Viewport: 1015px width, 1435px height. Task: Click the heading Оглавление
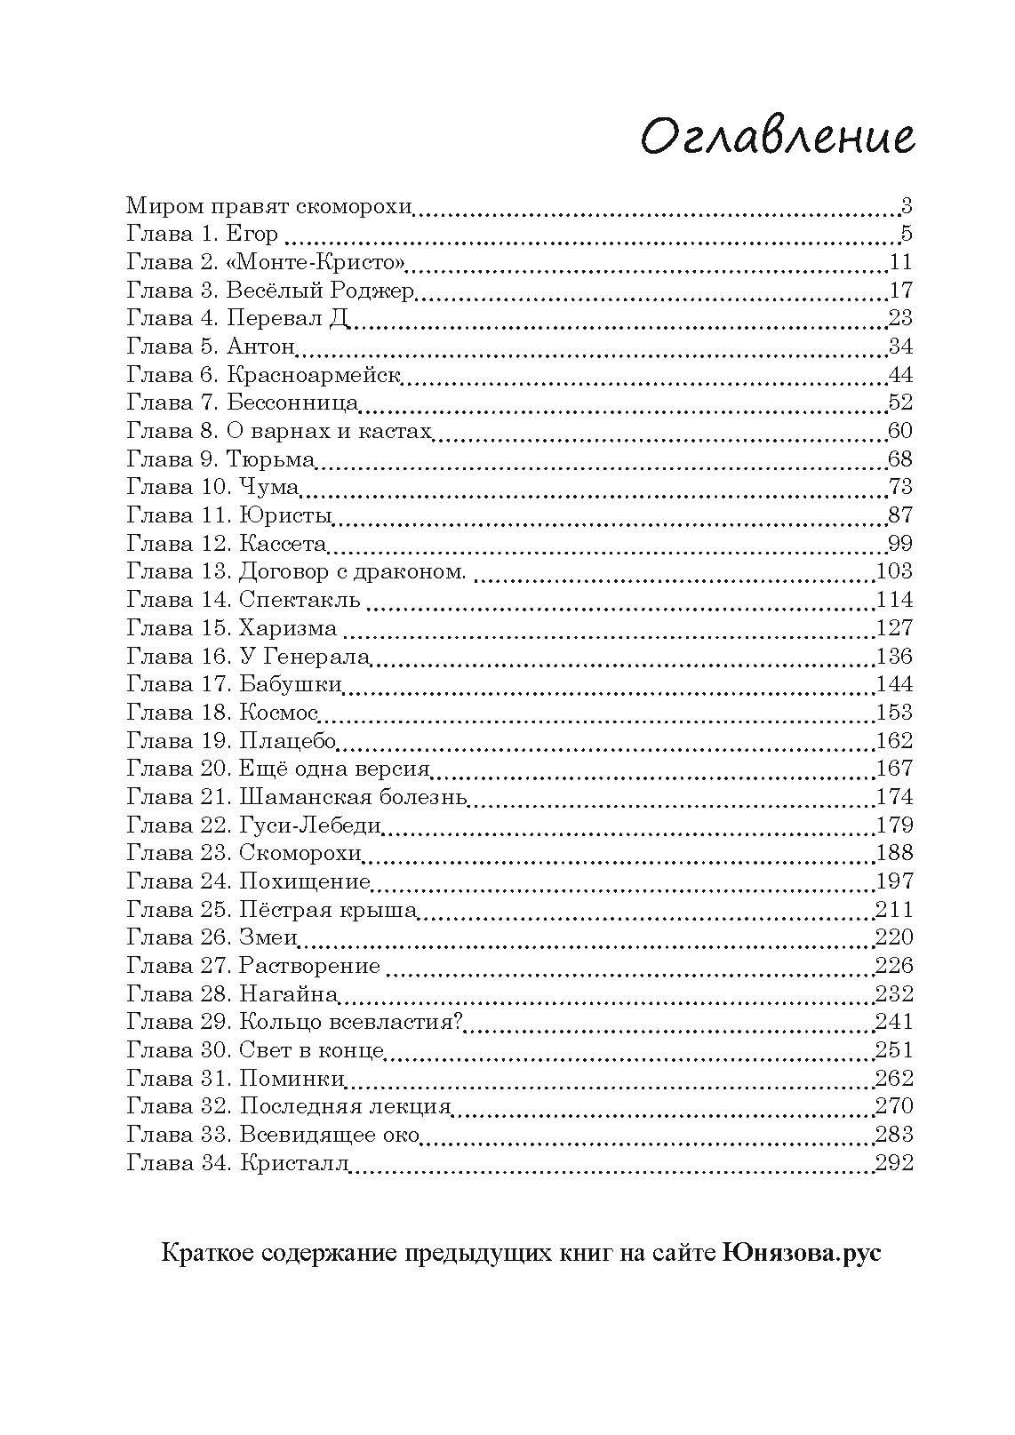pyautogui.click(x=777, y=138)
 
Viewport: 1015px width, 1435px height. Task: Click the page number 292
pyautogui.click(x=894, y=1163)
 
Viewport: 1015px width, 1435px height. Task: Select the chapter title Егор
pyautogui.click(x=252, y=235)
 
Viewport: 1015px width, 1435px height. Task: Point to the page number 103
pyautogui.click(x=894, y=571)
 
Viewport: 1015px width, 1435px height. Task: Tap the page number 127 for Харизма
pyautogui.click(x=894, y=627)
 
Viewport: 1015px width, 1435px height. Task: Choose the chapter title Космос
pyautogui.click(x=279, y=713)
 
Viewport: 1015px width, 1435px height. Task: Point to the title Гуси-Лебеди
pyautogui.click(x=310, y=825)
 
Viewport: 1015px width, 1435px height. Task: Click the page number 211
pyautogui.click(x=894, y=910)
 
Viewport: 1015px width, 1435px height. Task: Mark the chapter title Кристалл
pyautogui.click(x=293, y=1163)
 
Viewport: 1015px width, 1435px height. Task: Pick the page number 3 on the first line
pyautogui.click(x=906, y=207)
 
